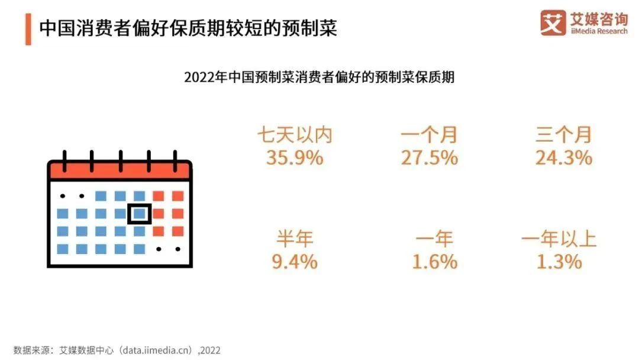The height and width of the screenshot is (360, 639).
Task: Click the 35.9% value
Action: pos(294,158)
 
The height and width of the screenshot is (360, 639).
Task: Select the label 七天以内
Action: pos(294,136)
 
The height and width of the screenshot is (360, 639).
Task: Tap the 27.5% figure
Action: pos(429,158)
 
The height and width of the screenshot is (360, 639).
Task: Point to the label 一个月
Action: pos(429,136)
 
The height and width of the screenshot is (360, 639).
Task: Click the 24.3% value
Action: pos(563,158)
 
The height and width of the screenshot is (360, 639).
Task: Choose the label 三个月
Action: pos(563,136)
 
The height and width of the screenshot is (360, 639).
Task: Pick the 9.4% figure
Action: pos(294,261)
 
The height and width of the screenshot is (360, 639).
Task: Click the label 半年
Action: pos(294,239)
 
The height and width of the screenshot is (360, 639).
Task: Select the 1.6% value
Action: pos(434,261)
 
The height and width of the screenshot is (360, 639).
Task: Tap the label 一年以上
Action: pos(559,239)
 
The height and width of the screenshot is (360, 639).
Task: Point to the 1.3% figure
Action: pos(559,261)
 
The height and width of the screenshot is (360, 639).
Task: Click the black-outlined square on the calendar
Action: pos(140,213)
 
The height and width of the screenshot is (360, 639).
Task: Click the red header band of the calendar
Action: pos(120,171)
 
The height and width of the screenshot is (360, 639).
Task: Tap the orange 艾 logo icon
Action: pos(553,22)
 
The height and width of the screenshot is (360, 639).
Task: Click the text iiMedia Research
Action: pos(598,31)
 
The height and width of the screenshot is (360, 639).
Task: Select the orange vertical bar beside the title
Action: pos(28,28)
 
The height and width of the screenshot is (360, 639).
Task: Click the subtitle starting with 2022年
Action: pos(319,78)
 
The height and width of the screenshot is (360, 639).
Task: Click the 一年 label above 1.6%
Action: pos(434,239)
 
